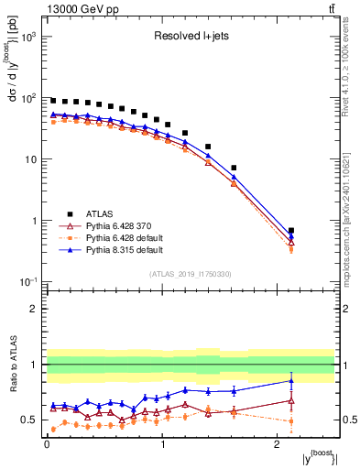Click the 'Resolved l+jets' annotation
pyautogui.click(x=191, y=38)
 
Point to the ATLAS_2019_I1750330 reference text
pyautogui.click(x=191, y=274)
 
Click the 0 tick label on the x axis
pyautogui.click(x=47, y=446)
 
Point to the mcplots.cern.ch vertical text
pyautogui.click(x=352, y=211)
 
